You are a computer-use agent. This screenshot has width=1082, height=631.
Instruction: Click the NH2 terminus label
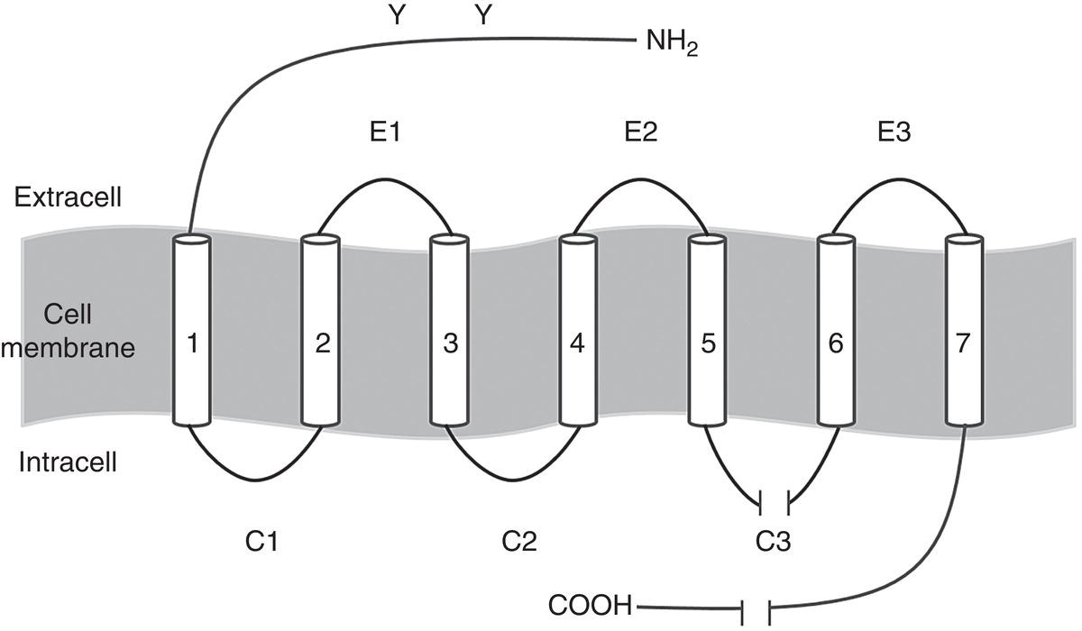point(673,43)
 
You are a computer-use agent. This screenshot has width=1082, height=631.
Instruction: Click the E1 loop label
point(384,133)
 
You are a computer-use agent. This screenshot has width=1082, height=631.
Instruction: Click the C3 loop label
point(774,542)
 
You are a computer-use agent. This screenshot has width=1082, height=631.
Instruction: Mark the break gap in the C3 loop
point(775,499)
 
